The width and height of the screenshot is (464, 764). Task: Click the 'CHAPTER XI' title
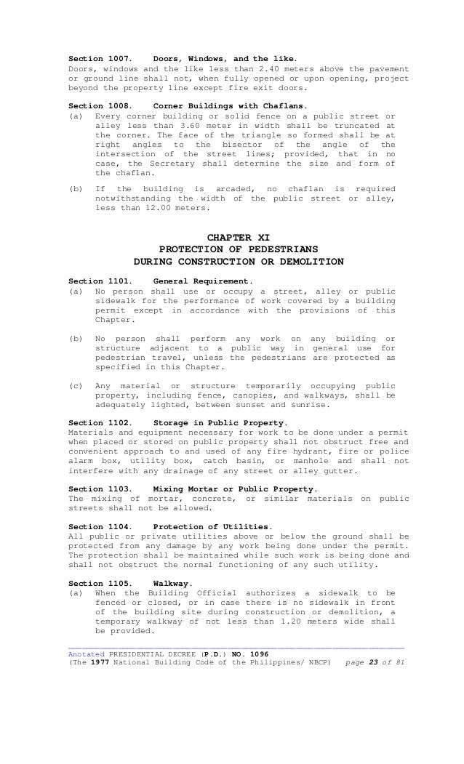point(239,237)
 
